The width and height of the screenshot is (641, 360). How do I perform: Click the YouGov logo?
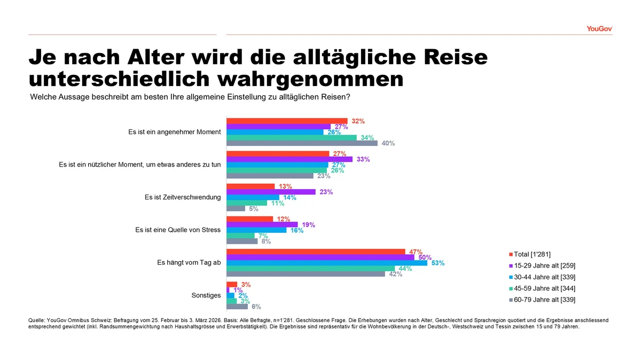[x=598, y=29]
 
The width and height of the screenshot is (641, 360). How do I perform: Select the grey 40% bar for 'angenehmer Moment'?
[x=302, y=143]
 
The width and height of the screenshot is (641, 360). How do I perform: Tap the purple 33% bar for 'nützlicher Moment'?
[x=290, y=159]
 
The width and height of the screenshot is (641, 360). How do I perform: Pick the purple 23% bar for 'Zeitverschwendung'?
[x=271, y=192]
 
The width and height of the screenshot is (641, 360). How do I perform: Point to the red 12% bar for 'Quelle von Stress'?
[x=249, y=219]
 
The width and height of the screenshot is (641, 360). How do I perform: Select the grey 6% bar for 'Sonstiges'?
[x=237, y=307]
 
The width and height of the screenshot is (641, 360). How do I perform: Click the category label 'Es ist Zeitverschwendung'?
[x=183, y=197]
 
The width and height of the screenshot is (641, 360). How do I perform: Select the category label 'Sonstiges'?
[x=206, y=295]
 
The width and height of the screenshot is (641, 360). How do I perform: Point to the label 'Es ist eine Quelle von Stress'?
[x=178, y=230]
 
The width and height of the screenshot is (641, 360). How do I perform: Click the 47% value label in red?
[x=416, y=252]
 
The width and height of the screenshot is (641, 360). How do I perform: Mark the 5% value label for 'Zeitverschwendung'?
[x=254, y=209]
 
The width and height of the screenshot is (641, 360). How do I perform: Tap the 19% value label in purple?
[x=308, y=225]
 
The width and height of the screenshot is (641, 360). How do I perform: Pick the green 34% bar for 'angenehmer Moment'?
[x=292, y=138]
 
